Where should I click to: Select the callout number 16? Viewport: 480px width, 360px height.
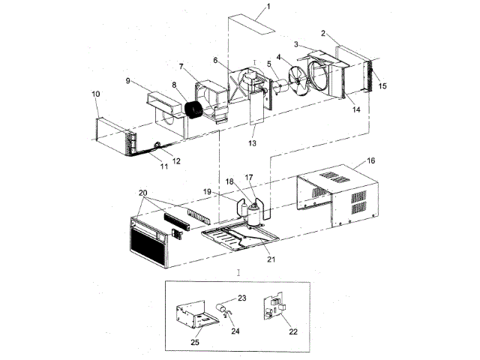[371, 161]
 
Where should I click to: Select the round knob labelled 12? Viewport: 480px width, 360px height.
[158, 144]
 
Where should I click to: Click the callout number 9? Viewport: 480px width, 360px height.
[128, 81]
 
